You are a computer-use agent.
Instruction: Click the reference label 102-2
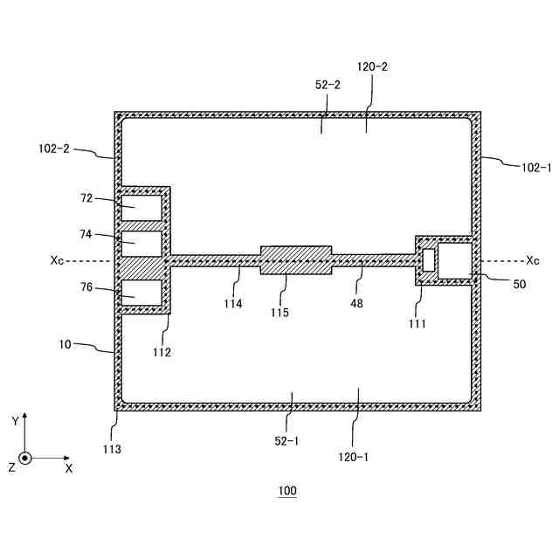coord(54,148)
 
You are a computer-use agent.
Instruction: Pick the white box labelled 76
coord(141,292)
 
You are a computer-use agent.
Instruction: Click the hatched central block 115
coord(296,259)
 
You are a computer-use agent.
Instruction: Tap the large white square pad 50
coord(454,260)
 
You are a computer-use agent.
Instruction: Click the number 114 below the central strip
coord(232,304)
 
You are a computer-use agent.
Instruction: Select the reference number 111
coord(418,323)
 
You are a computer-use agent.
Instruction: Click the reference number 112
coord(161,353)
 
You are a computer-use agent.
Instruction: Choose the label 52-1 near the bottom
coord(287,441)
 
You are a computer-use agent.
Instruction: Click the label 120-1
coord(353,455)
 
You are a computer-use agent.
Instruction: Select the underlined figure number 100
coord(287,492)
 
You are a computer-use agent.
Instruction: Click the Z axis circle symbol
coord(25,458)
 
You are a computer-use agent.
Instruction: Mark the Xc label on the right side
coord(533,259)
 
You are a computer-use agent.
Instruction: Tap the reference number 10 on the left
coord(66,344)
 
